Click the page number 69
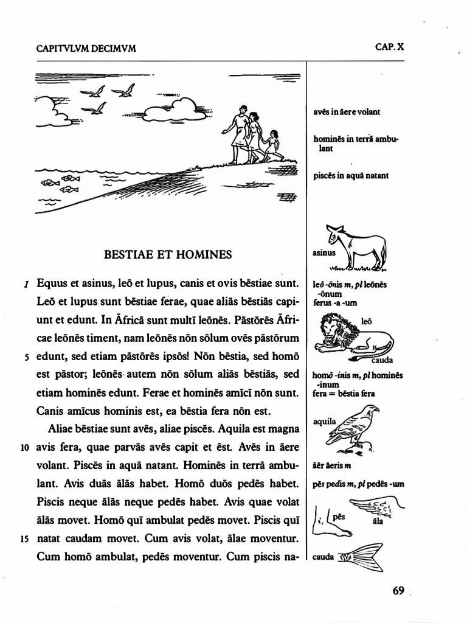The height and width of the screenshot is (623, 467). pos(398,591)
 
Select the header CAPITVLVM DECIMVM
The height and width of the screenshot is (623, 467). pos(86,49)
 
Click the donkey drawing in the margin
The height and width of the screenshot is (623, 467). pos(362,247)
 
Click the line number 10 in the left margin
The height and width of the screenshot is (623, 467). pos(25,448)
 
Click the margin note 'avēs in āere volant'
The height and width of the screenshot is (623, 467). pos(346,112)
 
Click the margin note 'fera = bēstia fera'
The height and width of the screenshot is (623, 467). pos(343,394)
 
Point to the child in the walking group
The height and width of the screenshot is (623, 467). pos(273,145)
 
